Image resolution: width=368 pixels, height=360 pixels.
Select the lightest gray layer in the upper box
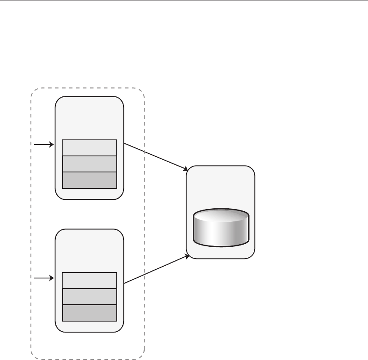pyautogui.click(x=89, y=148)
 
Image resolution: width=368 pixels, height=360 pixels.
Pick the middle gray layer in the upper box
pyautogui.click(x=89, y=164)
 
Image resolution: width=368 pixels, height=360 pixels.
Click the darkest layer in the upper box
pyautogui.click(x=89, y=180)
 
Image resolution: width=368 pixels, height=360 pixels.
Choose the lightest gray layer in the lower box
pyautogui.click(x=89, y=281)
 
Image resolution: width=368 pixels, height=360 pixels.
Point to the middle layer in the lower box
pyautogui.click(x=89, y=297)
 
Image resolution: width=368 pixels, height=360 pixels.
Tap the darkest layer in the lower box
pyautogui.click(x=89, y=313)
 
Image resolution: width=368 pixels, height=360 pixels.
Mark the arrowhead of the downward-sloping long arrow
pyautogui.click(x=186, y=169)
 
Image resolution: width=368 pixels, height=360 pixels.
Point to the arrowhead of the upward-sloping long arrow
pyautogui.click(x=186, y=256)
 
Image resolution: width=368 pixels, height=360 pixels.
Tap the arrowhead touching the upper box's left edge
pyautogui.click(x=52, y=145)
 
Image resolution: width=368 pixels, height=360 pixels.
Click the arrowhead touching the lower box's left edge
pyautogui.click(x=52, y=278)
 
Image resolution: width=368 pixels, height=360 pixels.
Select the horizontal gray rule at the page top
pyautogui.click(x=184, y=1)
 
